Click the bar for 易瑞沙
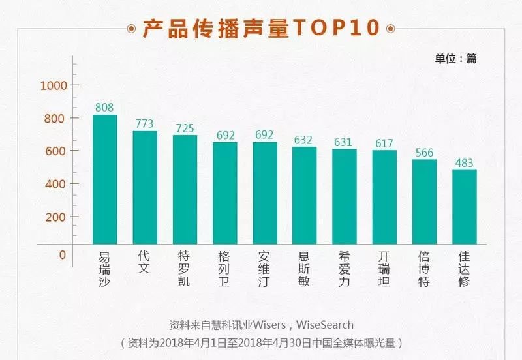click(x=104, y=179)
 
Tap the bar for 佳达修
click(x=465, y=207)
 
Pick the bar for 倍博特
click(x=424, y=202)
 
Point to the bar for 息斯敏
click(x=304, y=196)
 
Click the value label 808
click(x=104, y=107)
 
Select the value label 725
click(x=185, y=128)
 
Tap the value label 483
click(x=465, y=162)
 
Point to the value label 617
click(x=384, y=143)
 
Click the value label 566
click(x=424, y=152)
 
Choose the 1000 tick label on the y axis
click(x=54, y=85)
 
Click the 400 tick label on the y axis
click(x=56, y=184)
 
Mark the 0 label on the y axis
click(x=63, y=254)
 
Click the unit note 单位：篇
click(x=456, y=58)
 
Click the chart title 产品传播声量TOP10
click(x=261, y=28)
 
